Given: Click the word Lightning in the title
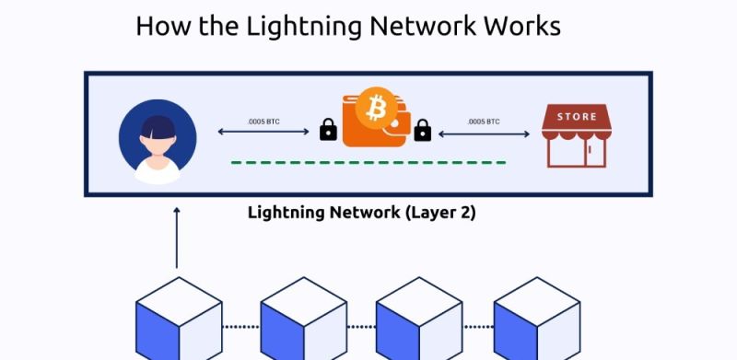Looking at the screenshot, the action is coord(304,28).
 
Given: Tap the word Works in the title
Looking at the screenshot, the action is coord(522,27).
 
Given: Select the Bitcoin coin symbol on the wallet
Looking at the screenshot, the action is coord(376,108).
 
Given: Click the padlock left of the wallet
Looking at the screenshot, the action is coord(328,130).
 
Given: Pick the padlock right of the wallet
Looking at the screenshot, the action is coord(423,130).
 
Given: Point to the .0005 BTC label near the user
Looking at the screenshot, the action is coord(263,122).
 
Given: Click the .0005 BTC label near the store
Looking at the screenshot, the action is coord(484,122).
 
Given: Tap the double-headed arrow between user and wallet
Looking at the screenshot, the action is coord(263,132).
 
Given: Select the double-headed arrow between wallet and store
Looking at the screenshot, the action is coord(485,134).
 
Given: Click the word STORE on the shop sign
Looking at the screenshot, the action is coord(577,117).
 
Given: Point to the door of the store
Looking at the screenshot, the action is coord(595,153).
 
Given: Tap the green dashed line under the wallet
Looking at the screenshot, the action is coord(368,163).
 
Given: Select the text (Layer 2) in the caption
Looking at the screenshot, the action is coord(440,213).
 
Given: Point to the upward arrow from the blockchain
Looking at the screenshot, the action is coord(177,238).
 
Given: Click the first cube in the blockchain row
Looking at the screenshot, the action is coord(179,319).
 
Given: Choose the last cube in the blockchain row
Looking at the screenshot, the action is coord(537,319).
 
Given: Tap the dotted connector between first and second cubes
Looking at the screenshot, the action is coord(241,327).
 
